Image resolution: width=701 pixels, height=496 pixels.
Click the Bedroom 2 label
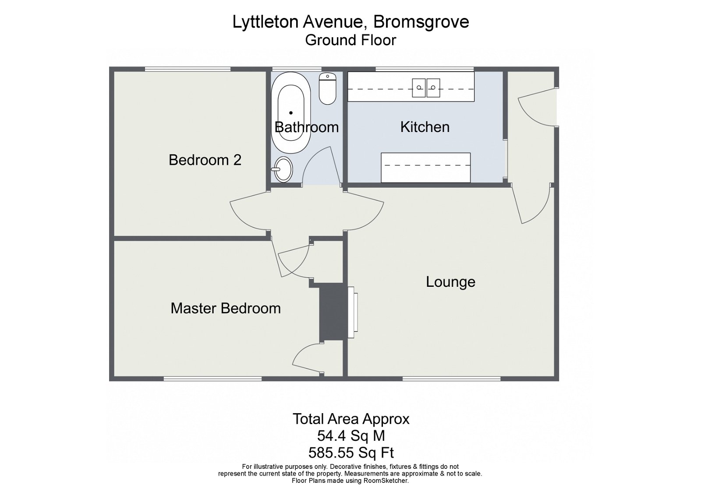pos(205,160)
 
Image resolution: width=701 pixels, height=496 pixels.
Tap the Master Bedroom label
pos(225,308)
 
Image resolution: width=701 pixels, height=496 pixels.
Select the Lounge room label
pos(450,282)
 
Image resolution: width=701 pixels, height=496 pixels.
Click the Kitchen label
pos(425,127)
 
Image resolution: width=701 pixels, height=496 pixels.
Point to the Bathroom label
pos(306,127)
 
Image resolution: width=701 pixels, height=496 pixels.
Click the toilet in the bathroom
pos(327,89)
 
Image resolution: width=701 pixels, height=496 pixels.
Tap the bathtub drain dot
pos(290,113)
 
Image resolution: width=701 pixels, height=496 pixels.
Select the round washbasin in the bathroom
pos(283,169)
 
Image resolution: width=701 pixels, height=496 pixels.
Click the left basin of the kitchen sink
pos(419,88)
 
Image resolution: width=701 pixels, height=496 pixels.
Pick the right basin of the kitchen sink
pos(433,88)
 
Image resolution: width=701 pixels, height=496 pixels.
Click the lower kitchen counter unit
pos(425,167)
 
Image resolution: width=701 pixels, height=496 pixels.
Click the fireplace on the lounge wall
pos(352,312)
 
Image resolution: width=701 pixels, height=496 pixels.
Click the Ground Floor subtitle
pos(350,40)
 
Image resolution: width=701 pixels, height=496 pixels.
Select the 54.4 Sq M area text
pos(350,436)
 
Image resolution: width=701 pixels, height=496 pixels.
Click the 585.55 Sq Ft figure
pos(350,452)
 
